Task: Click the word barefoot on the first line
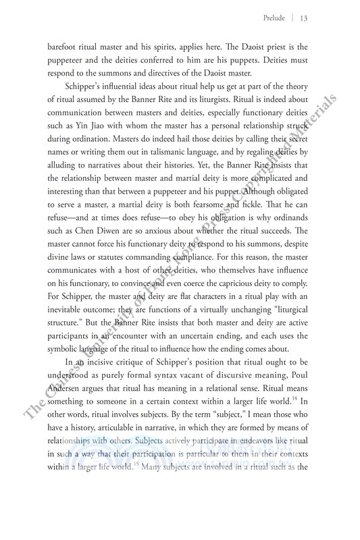click(x=65, y=48)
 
